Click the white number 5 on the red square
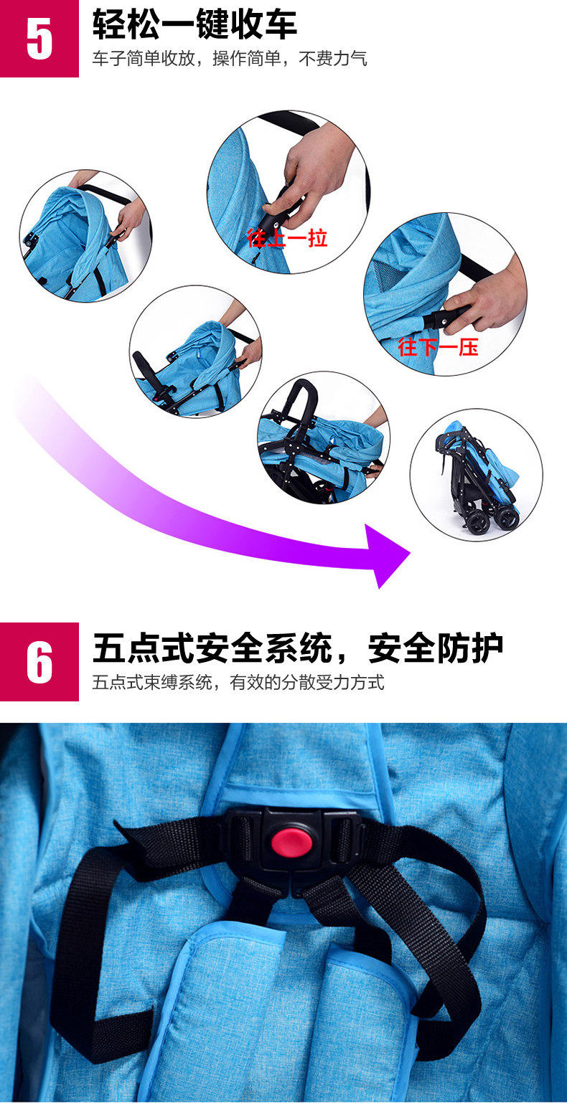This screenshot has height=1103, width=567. coord(39,40)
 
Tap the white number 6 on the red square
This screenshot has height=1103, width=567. coord(39,662)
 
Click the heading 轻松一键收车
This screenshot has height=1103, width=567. coord(195,24)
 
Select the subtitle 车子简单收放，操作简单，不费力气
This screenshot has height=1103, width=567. coord(230,59)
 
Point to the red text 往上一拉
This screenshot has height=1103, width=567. coord(287,238)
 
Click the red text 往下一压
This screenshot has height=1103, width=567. coord(438,347)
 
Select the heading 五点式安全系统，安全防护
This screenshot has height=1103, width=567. coord(298,648)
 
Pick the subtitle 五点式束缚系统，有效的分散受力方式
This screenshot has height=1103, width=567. coord(238,683)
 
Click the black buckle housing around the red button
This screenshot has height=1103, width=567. coord(293,840)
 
